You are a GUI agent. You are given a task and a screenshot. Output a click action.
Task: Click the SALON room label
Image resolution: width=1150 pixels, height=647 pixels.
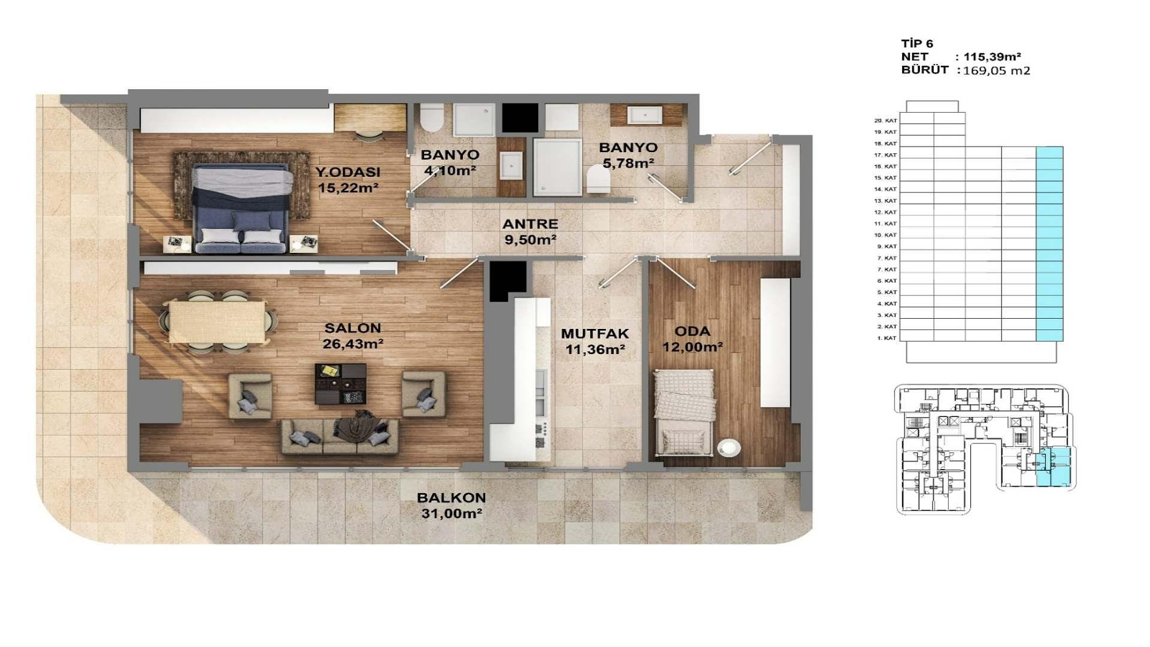tap(352, 328)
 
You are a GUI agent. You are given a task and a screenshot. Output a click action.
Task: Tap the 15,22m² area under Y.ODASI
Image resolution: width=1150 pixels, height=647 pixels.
tap(348, 188)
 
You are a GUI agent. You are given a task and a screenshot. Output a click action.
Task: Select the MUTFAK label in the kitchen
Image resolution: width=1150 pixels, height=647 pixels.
tap(594, 334)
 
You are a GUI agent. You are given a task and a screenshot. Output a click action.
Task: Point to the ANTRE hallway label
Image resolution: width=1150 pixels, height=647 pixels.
tap(530, 224)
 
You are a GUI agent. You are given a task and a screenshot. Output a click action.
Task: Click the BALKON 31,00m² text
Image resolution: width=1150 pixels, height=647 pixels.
tap(451, 506)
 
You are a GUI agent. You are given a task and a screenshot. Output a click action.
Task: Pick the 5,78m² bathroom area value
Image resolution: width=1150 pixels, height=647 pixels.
tap(628, 163)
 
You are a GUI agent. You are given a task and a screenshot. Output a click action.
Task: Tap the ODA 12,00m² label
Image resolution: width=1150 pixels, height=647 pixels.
tap(692, 339)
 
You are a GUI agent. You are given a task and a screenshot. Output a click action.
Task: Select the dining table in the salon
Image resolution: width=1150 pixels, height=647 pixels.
tap(217, 322)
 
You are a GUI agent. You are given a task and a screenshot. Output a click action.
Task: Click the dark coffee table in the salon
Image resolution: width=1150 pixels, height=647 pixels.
tap(340, 383)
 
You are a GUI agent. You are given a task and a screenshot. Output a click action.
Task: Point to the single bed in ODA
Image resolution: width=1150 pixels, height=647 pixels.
tap(683, 412)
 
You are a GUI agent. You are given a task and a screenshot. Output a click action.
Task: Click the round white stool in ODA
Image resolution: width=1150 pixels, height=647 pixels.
tap(728, 448)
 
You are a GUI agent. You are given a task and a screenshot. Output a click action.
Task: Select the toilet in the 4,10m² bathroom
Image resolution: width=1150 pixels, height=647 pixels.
tap(431, 117)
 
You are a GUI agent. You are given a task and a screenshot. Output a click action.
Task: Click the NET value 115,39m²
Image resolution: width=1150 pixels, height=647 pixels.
tap(992, 57)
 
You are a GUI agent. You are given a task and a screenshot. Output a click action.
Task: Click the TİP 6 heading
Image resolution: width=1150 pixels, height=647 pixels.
tap(917, 44)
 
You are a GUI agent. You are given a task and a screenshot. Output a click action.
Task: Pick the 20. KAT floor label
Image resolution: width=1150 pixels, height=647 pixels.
tap(885, 120)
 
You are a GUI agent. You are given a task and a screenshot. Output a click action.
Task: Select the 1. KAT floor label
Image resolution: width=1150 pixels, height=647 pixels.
tap(886, 338)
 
